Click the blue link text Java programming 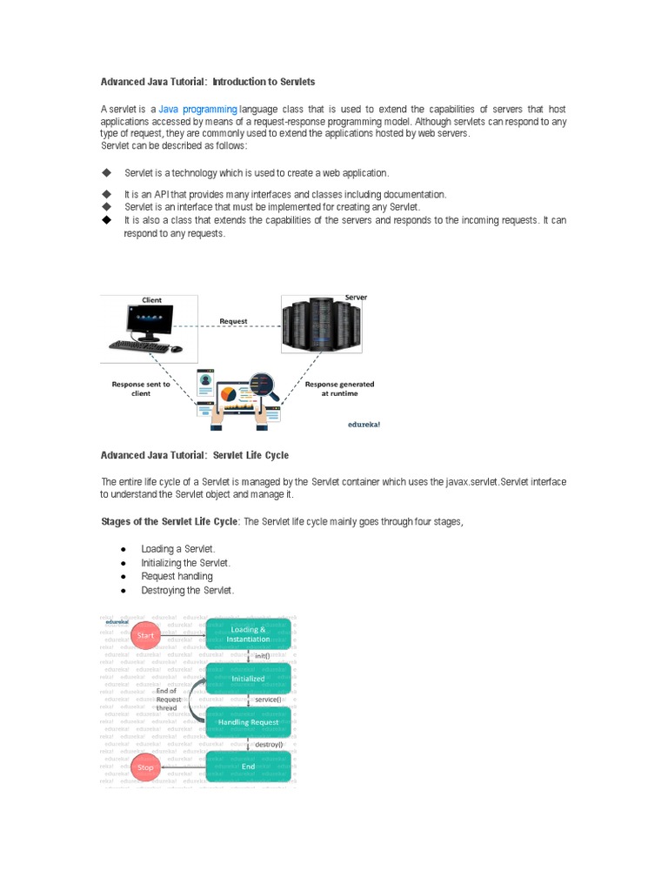click(x=197, y=109)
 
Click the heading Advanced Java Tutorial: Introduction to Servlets click(x=208, y=82)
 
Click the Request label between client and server click(x=233, y=321)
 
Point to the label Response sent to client click(x=141, y=388)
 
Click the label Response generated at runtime click(x=340, y=388)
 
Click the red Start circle click(x=145, y=636)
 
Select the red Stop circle click(x=145, y=767)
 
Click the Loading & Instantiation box click(x=248, y=634)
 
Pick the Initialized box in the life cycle click(x=248, y=679)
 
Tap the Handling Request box click(x=248, y=722)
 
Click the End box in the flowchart click(x=248, y=767)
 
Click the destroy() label click(x=269, y=745)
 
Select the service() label click(x=268, y=700)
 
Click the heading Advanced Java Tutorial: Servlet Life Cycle click(x=195, y=455)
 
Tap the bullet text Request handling click(x=177, y=576)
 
